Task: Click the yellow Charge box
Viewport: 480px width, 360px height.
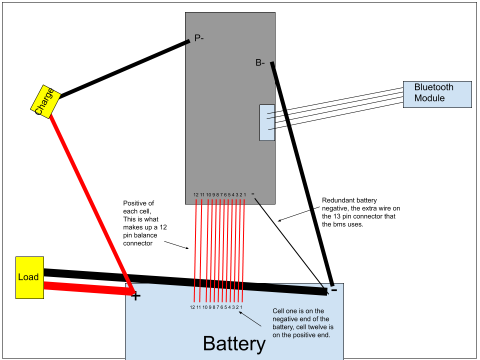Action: coord(45,101)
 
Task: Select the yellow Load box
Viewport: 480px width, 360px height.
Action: coord(29,277)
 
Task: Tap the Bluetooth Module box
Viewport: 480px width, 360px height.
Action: coord(437,94)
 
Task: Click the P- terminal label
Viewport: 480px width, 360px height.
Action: coord(198,38)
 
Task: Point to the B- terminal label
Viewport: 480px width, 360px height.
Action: coord(260,63)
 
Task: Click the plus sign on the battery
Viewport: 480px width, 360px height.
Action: coord(135,296)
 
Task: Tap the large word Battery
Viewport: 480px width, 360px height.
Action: coord(234,344)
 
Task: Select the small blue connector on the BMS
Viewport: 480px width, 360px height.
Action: coord(267,122)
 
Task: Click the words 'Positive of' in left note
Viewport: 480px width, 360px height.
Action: coord(138,203)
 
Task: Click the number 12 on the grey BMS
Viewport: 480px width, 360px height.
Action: coord(196,194)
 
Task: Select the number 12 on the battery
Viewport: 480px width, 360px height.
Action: coord(193,307)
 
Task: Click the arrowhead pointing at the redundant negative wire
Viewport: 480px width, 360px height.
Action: coord(280,219)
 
